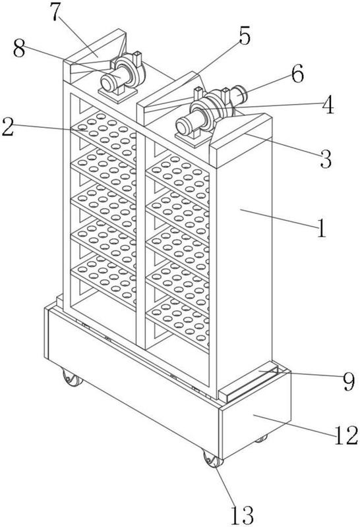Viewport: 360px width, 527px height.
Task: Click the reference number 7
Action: click(x=57, y=12)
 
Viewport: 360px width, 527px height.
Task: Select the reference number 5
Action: click(x=245, y=36)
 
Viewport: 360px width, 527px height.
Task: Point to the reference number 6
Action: click(x=297, y=74)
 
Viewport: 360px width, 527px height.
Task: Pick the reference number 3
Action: click(x=325, y=158)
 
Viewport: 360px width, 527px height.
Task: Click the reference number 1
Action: click(x=322, y=227)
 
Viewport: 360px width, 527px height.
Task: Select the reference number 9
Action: click(x=348, y=381)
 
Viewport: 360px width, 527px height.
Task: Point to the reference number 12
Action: click(x=346, y=435)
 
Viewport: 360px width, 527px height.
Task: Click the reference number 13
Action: click(x=242, y=514)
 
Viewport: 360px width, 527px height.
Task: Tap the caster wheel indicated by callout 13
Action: click(x=212, y=459)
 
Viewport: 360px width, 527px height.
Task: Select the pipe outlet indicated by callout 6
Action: click(x=240, y=94)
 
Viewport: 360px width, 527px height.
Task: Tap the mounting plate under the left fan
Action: click(x=118, y=94)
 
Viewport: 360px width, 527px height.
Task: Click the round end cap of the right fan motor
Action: click(x=183, y=128)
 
